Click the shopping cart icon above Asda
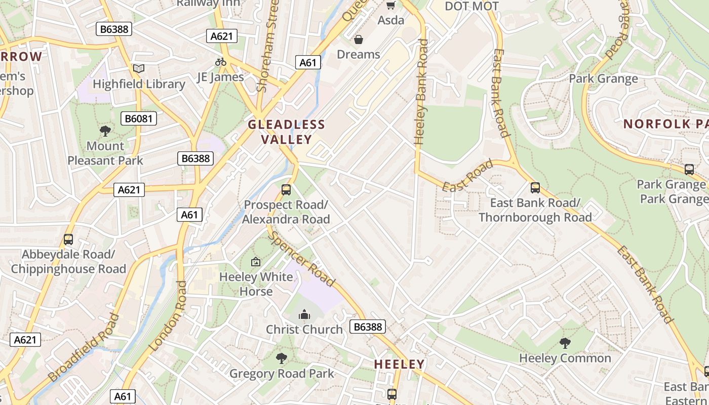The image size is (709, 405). click(x=390, y=6)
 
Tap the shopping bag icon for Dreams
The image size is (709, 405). click(x=359, y=39)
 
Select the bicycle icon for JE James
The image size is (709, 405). click(x=220, y=62)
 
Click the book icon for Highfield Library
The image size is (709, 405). click(x=138, y=68)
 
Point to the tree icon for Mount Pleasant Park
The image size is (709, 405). click(x=105, y=131)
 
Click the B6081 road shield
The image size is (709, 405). click(x=139, y=119)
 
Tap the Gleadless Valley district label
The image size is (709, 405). click(x=286, y=132)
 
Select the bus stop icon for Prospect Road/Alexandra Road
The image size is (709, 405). click(x=286, y=190)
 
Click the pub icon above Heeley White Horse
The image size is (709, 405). click(x=256, y=262)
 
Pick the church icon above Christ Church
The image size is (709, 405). click(x=304, y=314)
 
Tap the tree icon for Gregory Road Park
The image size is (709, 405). click(x=282, y=358)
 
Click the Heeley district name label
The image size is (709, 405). click(x=399, y=364)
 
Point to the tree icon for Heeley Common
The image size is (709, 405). click(x=565, y=343)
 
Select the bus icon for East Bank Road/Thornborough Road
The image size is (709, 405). click(x=535, y=188)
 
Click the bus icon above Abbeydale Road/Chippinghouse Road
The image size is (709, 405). click(x=68, y=239)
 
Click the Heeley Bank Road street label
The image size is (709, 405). click(x=421, y=92)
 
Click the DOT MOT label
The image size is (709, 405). click(x=471, y=6)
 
